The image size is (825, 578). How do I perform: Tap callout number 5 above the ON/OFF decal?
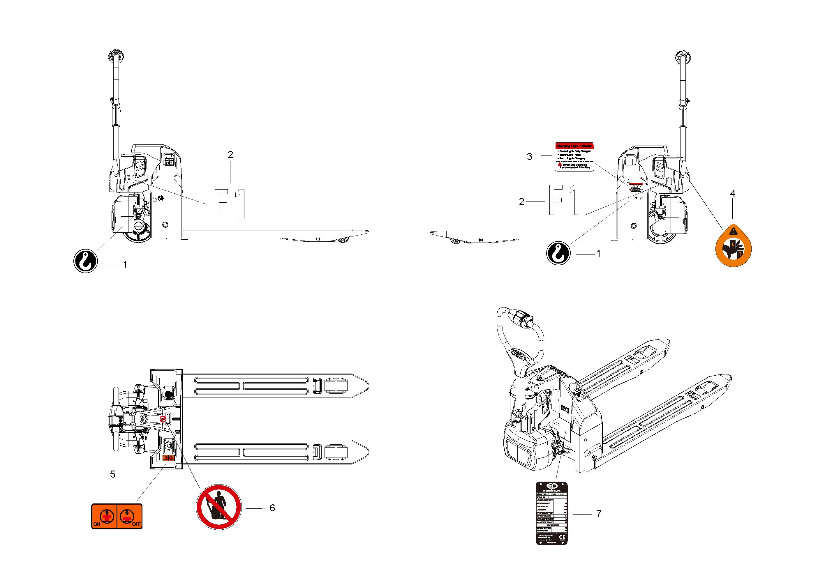tap(112, 474)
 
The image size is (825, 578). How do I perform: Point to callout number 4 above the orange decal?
tap(733, 194)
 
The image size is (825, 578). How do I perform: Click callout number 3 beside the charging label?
tap(529, 156)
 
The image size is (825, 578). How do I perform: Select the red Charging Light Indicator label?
tap(574, 157)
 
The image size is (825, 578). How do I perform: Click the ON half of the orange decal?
tap(105, 516)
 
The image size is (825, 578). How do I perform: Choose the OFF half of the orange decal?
tap(130, 516)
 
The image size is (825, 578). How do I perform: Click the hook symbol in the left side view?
tap(86, 261)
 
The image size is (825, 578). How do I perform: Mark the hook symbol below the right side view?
tap(558, 253)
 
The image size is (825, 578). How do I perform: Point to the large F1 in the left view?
tap(230, 204)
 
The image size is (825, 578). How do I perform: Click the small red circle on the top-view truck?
tap(163, 419)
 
